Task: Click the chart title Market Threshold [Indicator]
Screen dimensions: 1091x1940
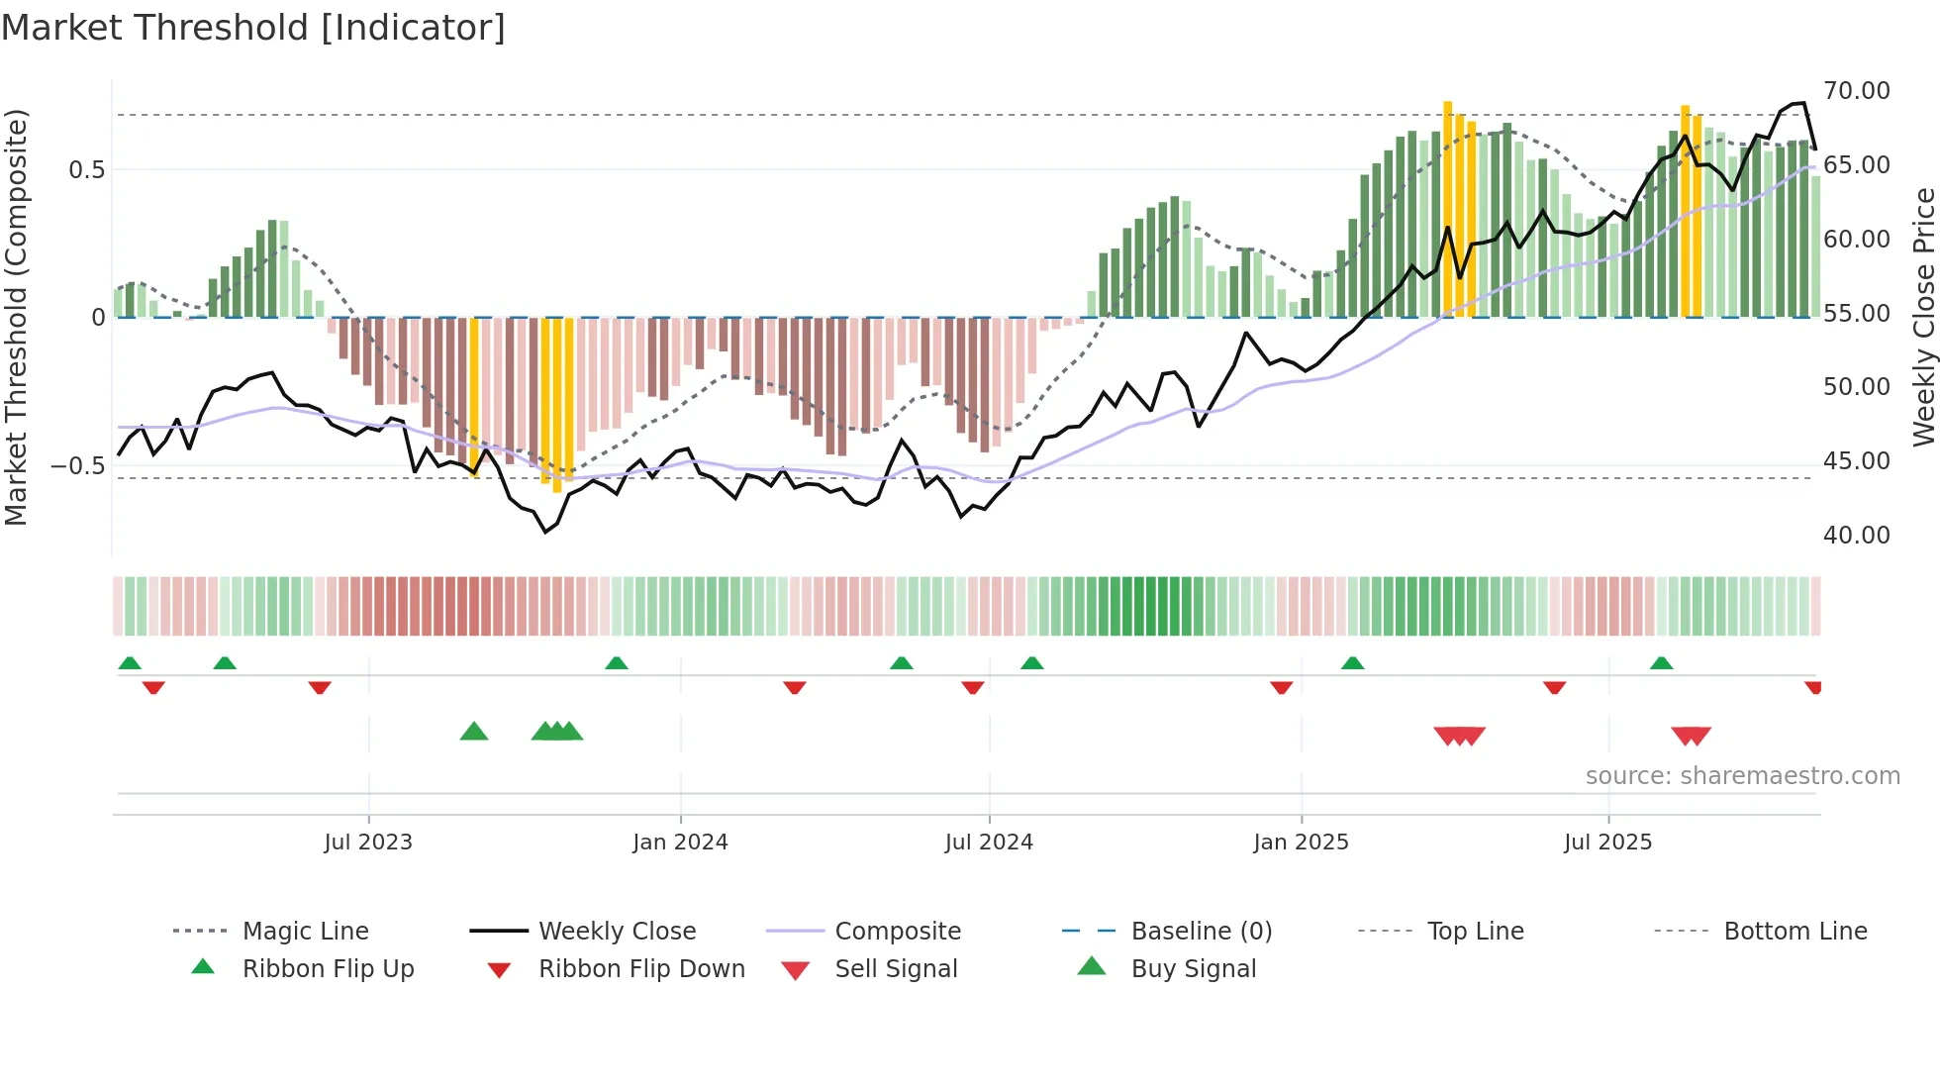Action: pyautogui.click(x=253, y=28)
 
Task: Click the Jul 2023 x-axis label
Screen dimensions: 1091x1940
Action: pyautogui.click(x=368, y=842)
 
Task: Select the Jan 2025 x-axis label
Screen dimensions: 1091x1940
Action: pyautogui.click(x=1301, y=842)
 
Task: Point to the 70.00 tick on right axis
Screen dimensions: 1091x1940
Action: pyautogui.click(x=1856, y=91)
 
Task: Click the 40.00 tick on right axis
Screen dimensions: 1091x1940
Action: pyautogui.click(x=1856, y=536)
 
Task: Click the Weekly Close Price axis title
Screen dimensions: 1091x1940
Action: pyautogui.click(x=1922, y=317)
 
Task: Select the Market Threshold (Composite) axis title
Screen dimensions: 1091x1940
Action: pyautogui.click(x=16, y=317)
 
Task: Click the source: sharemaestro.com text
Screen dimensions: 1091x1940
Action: pyautogui.click(x=1742, y=775)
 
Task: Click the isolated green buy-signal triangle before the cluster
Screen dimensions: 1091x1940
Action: pyautogui.click(x=474, y=732)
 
